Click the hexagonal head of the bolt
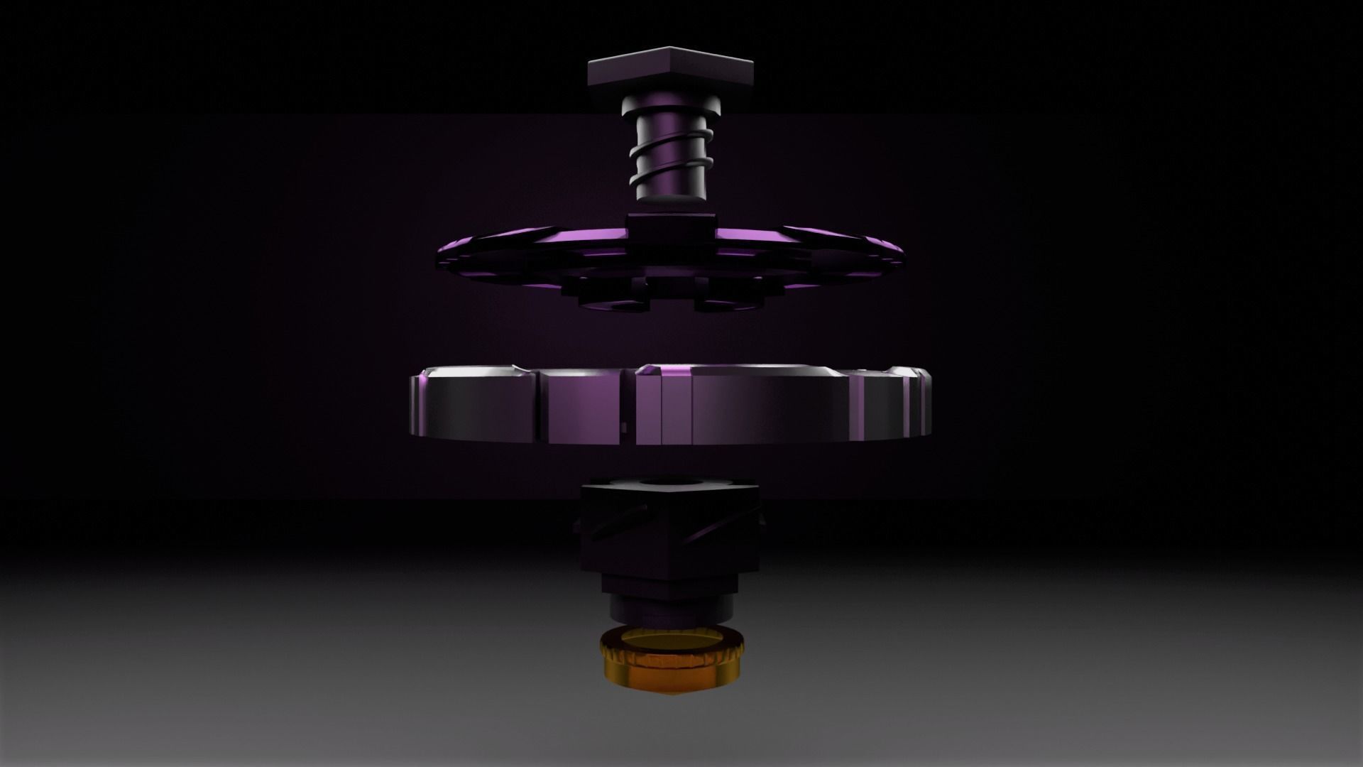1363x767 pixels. click(670, 70)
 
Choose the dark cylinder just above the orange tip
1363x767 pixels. click(670, 607)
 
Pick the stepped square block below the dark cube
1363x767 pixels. click(670, 582)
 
